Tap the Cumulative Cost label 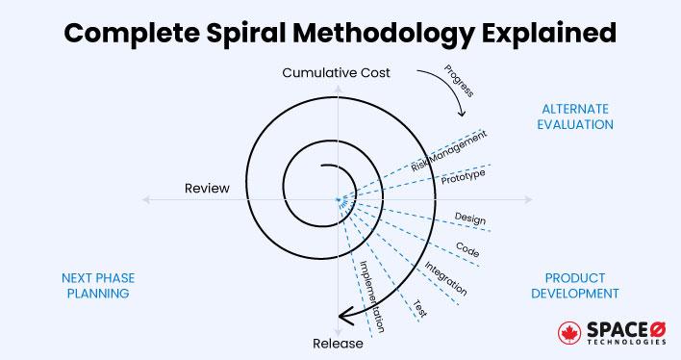336,73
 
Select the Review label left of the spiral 208,188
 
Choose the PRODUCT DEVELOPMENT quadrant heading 575,284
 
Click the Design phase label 469,219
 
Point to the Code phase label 468,251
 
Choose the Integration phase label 445,277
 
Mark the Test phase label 420,307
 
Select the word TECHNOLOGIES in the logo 626,343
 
